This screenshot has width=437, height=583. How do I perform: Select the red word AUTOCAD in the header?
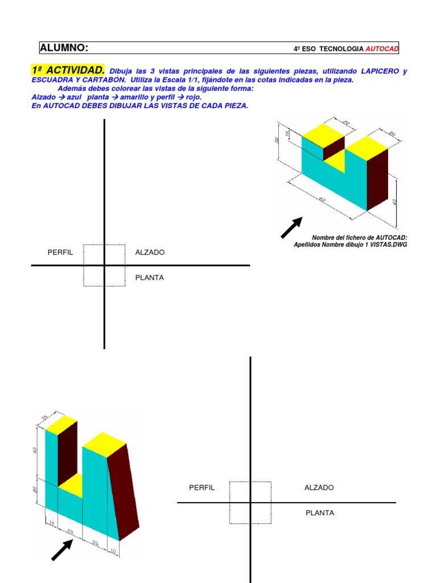coord(382,50)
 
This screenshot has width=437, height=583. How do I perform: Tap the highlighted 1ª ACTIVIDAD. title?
coord(68,70)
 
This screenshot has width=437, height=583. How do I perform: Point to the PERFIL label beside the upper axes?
coord(60,252)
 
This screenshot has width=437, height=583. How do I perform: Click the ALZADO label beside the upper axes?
coord(150,252)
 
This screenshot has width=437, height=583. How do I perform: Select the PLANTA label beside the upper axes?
coord(149,278)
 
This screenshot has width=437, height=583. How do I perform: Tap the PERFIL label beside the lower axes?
coord(202,488)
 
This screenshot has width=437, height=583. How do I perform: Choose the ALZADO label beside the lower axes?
coord(319,488)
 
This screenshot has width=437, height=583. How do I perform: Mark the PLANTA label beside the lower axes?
coord(320,513)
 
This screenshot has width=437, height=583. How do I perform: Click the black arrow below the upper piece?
coord(291,227)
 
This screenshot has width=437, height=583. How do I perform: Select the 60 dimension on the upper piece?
coord(321,200)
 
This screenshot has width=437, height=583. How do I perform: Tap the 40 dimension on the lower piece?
coord(35,450)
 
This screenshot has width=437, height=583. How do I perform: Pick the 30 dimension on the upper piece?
coord(277,140)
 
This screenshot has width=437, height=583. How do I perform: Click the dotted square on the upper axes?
coord(104,265)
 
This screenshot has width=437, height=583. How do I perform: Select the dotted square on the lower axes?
coord(250,502)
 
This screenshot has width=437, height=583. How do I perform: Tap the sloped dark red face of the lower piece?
coord(122,490)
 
